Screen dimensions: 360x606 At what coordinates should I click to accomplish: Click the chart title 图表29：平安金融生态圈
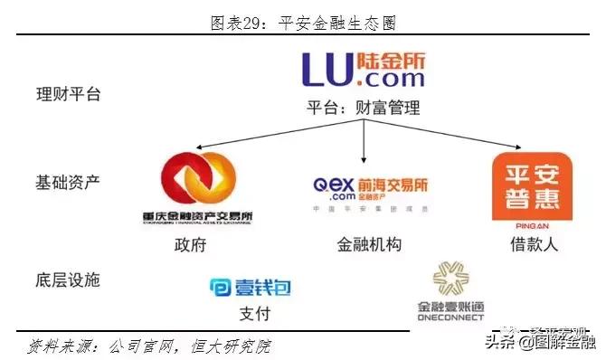[303, 21]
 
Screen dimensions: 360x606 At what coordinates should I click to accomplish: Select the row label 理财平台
[68, 94]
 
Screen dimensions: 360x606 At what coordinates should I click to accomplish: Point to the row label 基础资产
[68, 182]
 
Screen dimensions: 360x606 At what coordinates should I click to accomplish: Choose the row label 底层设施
[68, 279]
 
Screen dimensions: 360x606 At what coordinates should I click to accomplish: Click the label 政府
[193, 245]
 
